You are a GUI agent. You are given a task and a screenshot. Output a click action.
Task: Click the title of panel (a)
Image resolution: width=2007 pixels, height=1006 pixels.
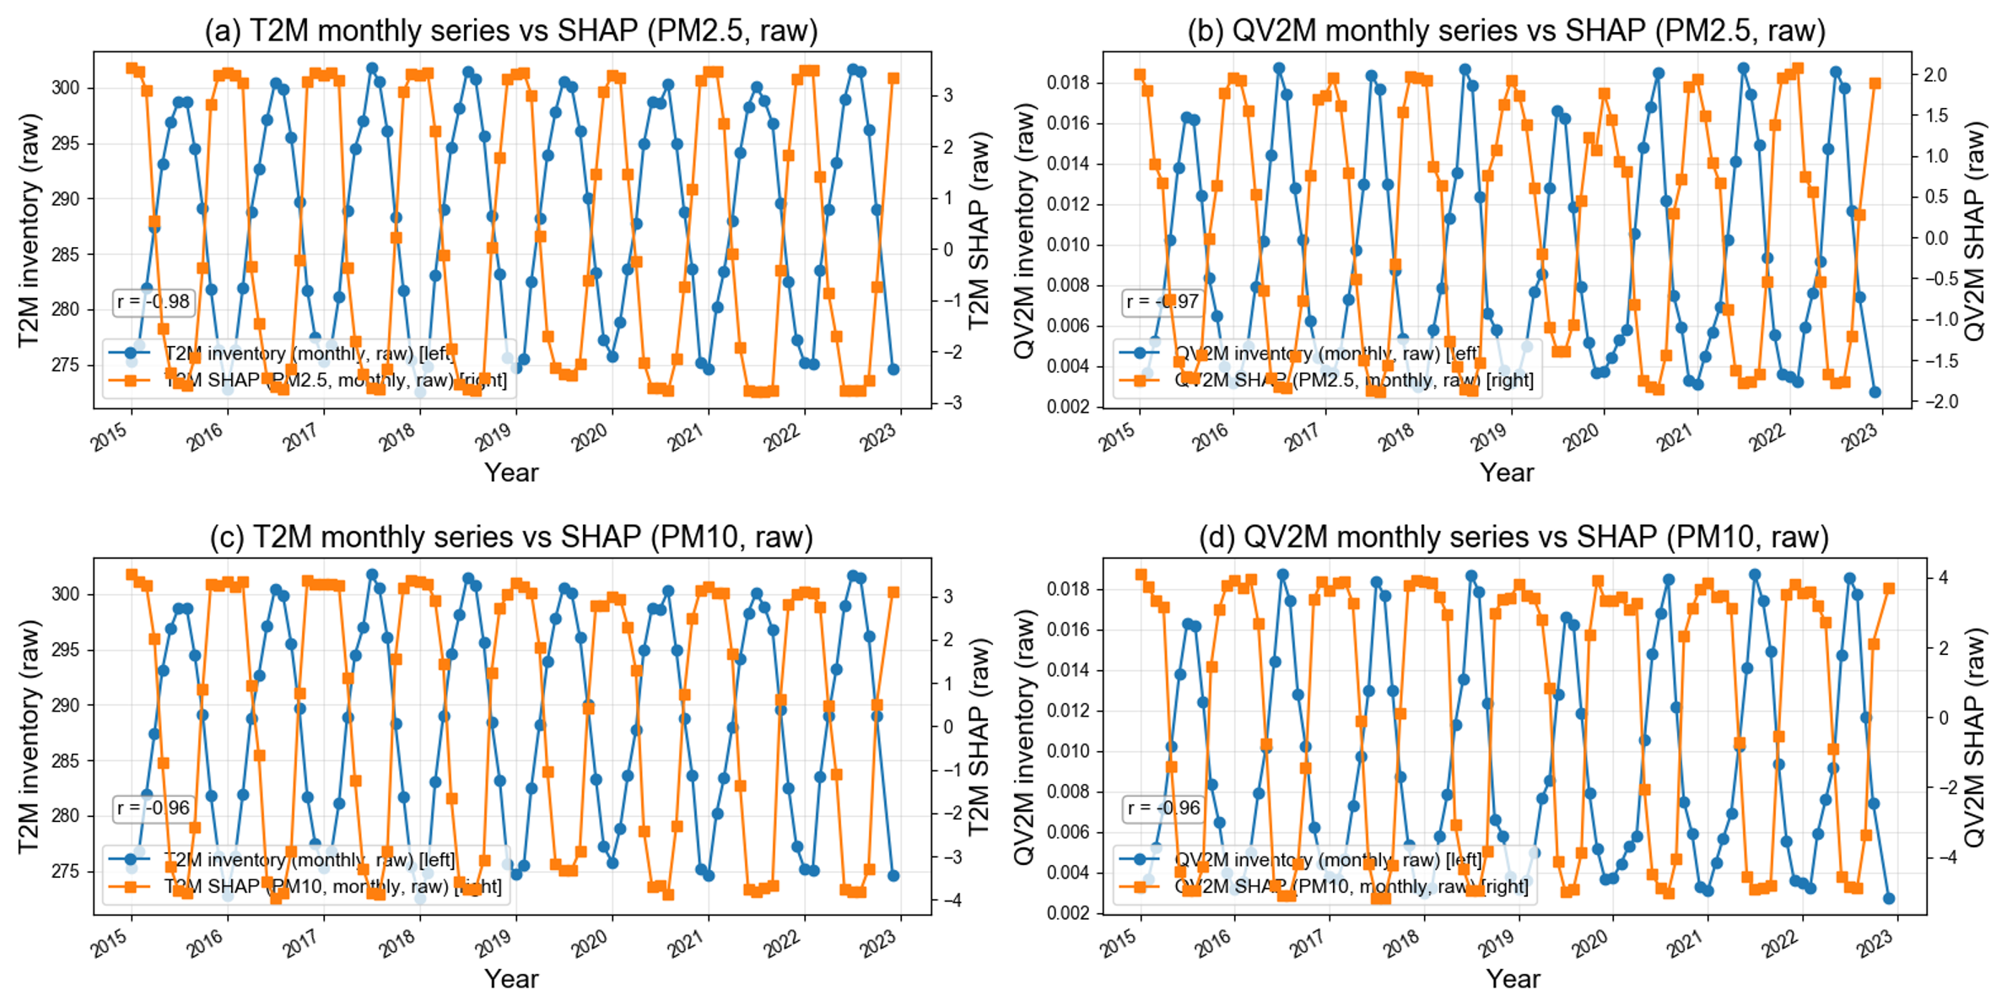point(511,30)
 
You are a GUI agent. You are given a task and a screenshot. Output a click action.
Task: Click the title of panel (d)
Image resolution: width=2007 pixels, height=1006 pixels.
point(1513,537)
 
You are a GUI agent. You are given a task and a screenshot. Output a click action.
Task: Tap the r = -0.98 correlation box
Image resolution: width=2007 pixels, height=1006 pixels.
point(154,302)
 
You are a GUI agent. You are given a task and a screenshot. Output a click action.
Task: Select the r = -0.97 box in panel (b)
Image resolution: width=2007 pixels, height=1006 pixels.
point(1162,302)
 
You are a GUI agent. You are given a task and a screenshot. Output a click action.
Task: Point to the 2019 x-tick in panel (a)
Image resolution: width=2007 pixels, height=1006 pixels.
point(494,434)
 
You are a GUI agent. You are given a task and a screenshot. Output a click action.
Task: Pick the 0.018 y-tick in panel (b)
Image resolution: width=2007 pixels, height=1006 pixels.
point(1068,83)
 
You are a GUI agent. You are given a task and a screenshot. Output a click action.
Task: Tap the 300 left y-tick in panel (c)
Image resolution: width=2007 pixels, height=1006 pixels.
point(66,594)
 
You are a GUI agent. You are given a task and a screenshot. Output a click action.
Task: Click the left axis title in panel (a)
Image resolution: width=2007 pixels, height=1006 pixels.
point(29,230)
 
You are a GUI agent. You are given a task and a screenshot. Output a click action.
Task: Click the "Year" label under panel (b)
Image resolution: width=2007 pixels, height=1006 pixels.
point(1507,473)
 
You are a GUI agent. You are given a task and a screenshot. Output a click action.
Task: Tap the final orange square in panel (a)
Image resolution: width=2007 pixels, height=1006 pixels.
point(893,78)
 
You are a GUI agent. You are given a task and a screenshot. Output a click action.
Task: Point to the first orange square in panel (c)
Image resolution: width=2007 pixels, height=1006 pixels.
point(132,575)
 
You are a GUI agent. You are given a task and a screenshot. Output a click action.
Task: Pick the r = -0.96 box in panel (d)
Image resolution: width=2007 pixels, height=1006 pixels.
point(1163,809)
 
